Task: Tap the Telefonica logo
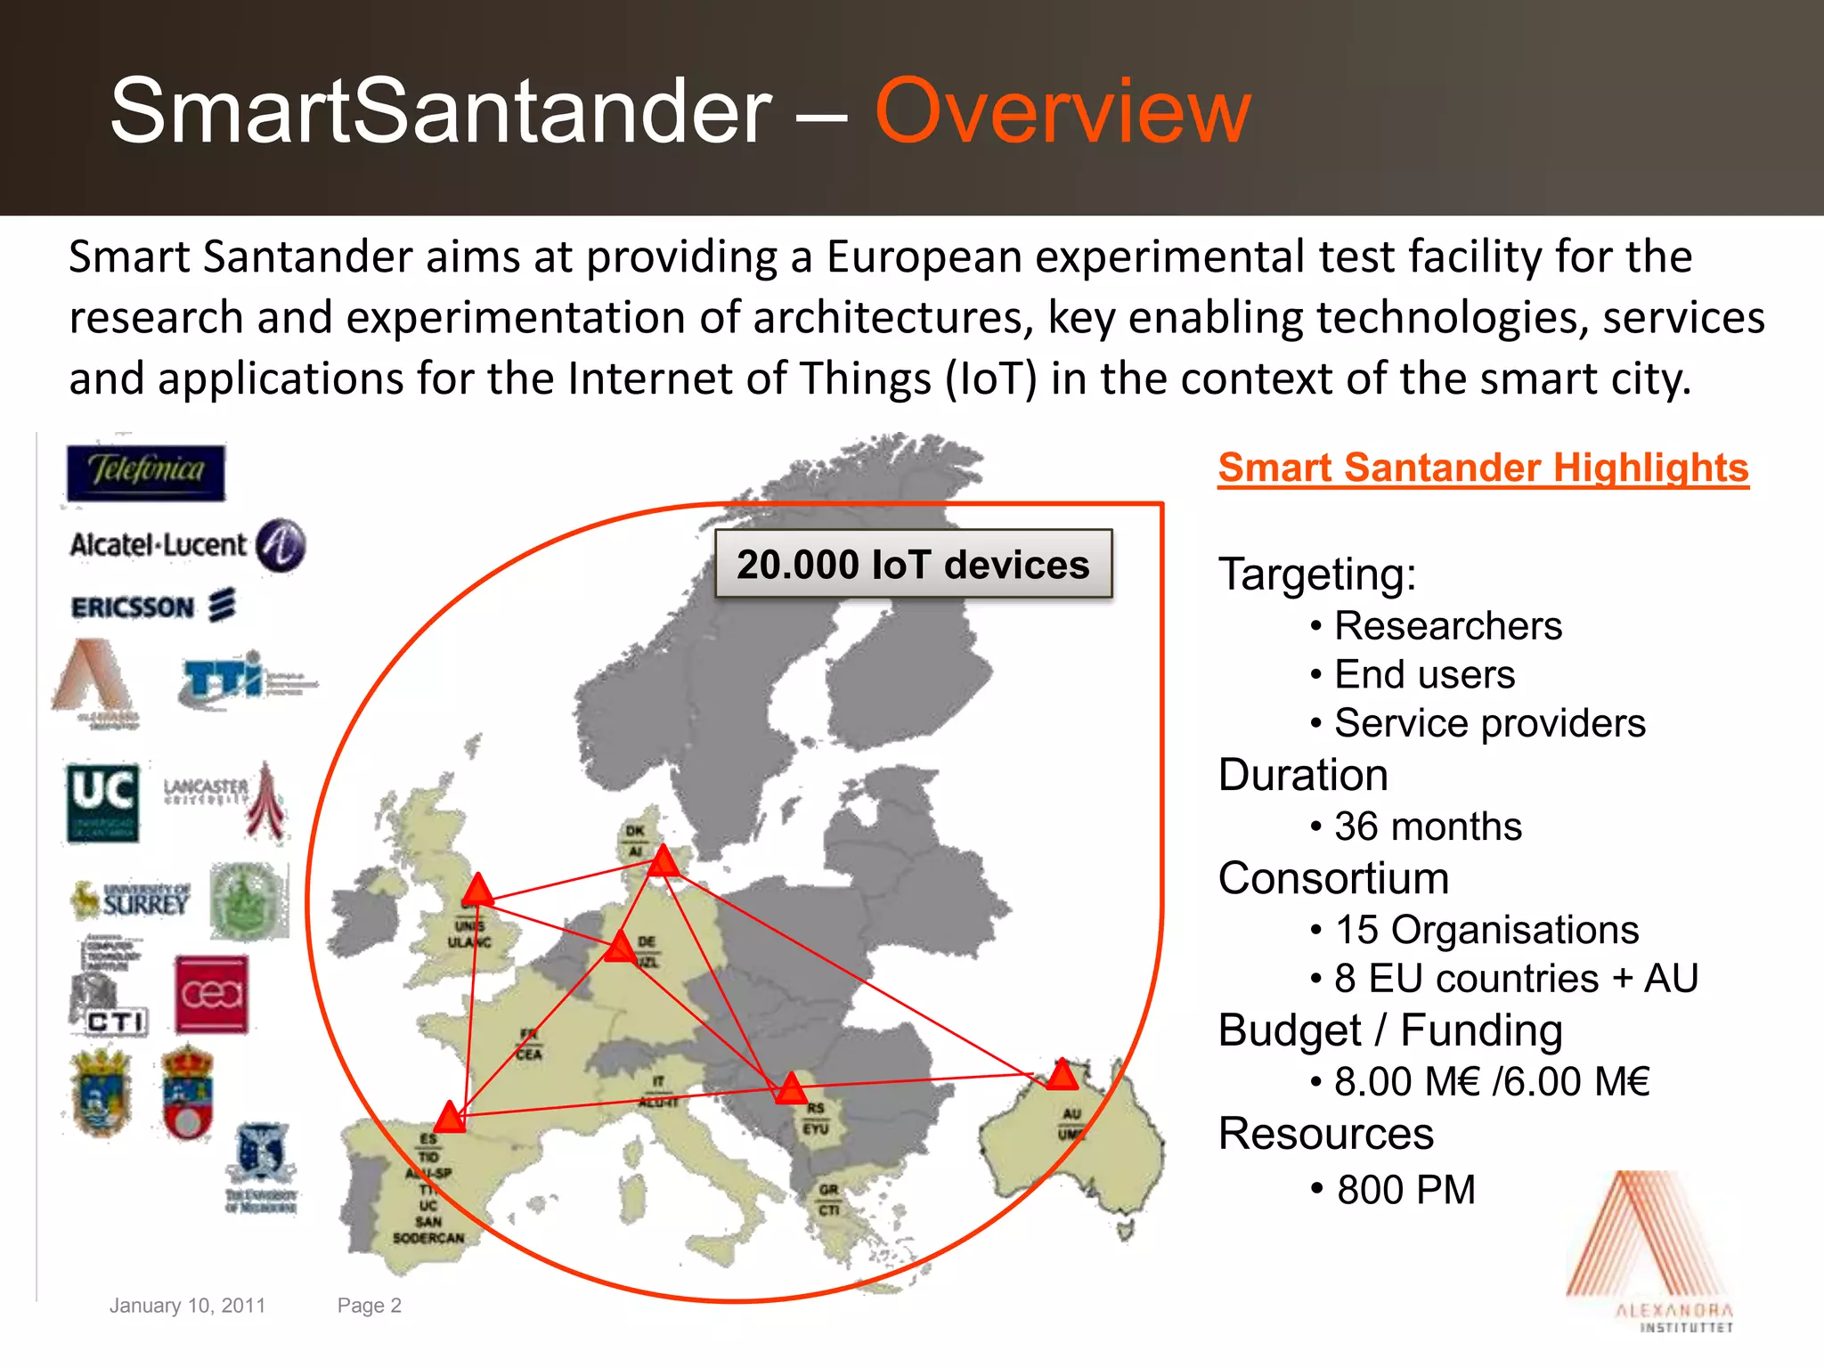click(x=146, y=473)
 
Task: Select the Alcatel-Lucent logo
click(x=187, y=545)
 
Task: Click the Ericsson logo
click(x=153, y=607)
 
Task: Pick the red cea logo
click(x=211, y=994)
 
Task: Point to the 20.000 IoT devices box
click(x=913, y=565)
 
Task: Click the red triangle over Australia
click(x=1062, y=1076)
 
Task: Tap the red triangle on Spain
click(x=450, y=1117)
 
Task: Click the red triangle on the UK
click(x=478, y=891)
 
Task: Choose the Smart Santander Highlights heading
click(x=1483, y=468)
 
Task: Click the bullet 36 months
click(x=1427, y=826)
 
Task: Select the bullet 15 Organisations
click(x=1486, y=930)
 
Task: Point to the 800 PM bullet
click(x=1405, y=1190)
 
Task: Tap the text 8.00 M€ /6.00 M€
click(x=1491, y=1082)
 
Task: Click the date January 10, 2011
click(x=187, y=1306)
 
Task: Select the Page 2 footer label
click(x=369, y=1306)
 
